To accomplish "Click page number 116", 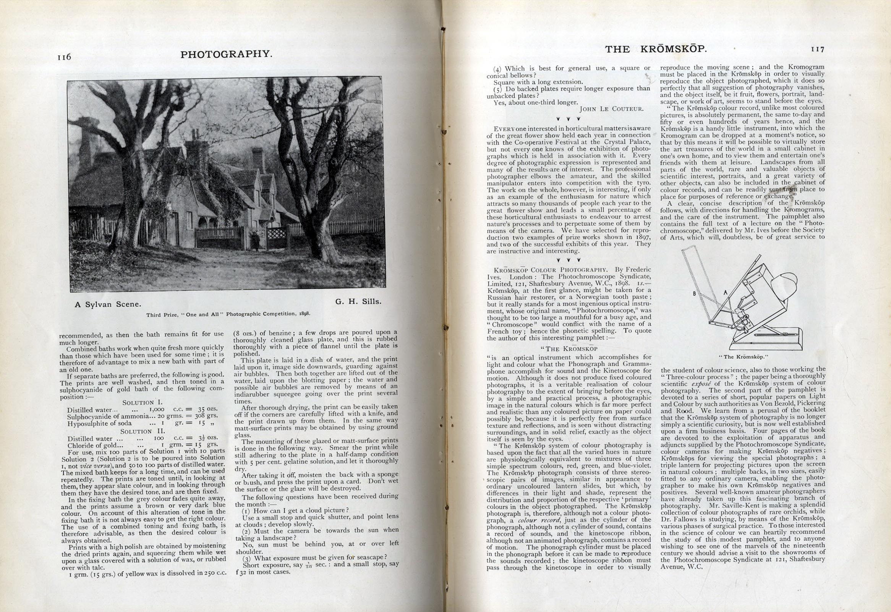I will pos(64,57).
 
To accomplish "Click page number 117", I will pos(817,49).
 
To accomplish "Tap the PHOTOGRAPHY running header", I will pos(226,54).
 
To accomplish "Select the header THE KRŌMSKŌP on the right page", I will pos(656,49).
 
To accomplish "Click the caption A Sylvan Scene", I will pos(108,304).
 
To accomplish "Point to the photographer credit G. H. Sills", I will pos(358,301).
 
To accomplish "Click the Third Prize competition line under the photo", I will pos(228,314).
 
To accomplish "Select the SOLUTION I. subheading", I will pos(142,403).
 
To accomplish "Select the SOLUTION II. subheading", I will pos(142,431).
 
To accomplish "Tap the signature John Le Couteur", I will pos(611,109).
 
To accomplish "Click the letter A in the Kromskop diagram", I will pos(725,293).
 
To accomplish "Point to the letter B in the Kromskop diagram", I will pos(694,294).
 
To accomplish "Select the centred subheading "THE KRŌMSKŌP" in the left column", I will pos(569,349).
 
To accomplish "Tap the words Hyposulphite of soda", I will pos(99,424).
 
